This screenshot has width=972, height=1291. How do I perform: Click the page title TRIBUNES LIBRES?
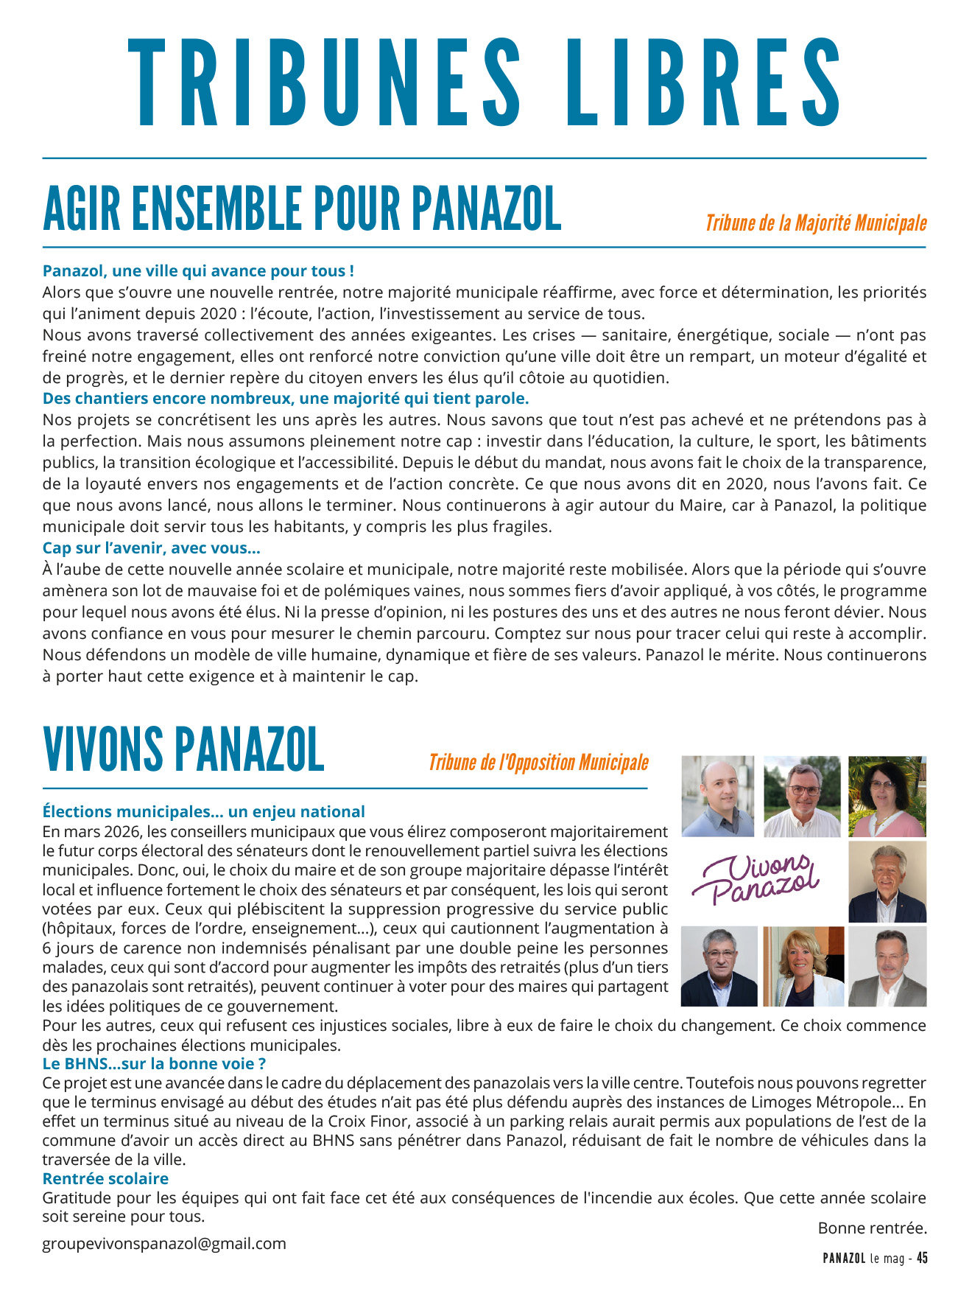[x=485, y=83]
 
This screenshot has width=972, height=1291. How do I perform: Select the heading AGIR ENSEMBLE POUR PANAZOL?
[x=302, y=209]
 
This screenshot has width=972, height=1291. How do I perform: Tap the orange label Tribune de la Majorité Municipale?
[x=816, y=223]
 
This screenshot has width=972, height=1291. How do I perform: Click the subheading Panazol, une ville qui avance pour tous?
[x=198, y=271]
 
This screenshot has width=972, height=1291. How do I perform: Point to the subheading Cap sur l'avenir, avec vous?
[x=151, y=548]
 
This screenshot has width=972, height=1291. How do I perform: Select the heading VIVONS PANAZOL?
[x=183, y=749]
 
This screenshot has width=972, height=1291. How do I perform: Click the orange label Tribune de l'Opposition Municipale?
[x=538, y=763]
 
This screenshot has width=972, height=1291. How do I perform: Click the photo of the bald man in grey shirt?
[x=718, y=797]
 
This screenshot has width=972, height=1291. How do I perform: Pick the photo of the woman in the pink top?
[x=887, y=797]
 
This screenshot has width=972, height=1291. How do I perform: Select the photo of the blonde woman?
[x=803, y=966]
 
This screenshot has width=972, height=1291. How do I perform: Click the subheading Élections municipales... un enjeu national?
[x=203, y=812]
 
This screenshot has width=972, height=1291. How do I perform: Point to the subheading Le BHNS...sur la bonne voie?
[x=154, y=1064]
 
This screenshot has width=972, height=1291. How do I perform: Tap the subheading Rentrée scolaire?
[x=105, y=1179]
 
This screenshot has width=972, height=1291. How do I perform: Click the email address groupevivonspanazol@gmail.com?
[x=164, y=1244]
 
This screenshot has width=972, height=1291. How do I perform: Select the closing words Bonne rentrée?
[x=872, y=1228]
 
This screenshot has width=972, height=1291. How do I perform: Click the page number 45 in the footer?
[x=922, y=1259]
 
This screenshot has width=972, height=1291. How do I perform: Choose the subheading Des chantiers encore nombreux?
[x=286, y=399]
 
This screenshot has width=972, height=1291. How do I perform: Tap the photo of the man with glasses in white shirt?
[x=803, y=797]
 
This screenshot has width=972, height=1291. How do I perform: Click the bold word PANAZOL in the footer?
[x=844, y=1259]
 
